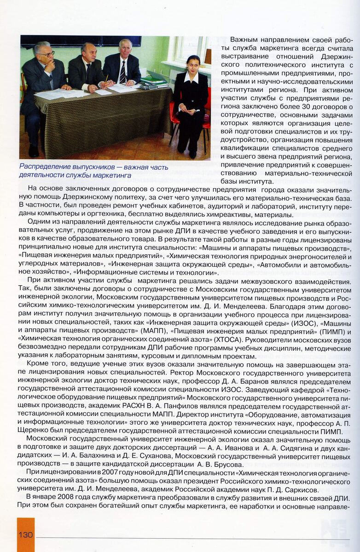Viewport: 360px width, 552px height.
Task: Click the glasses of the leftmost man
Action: (46, 54)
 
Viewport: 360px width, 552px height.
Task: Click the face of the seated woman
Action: (193, 63)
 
